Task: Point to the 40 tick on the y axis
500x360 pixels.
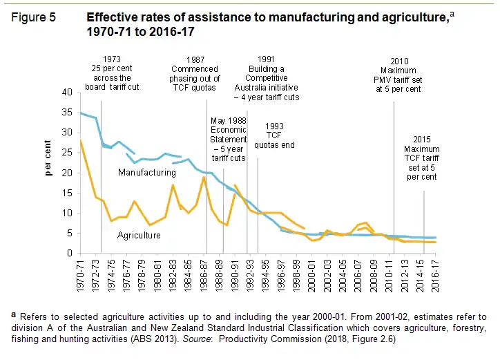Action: [66, 92]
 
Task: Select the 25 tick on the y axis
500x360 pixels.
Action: [66, 153]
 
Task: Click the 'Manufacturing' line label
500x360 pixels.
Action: [146, 172]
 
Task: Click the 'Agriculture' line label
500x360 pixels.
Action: [139, 236]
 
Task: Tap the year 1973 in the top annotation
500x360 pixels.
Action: [111, 59]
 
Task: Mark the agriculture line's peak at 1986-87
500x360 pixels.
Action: [204, 178]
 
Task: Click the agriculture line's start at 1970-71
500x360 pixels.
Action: [81, 141]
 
